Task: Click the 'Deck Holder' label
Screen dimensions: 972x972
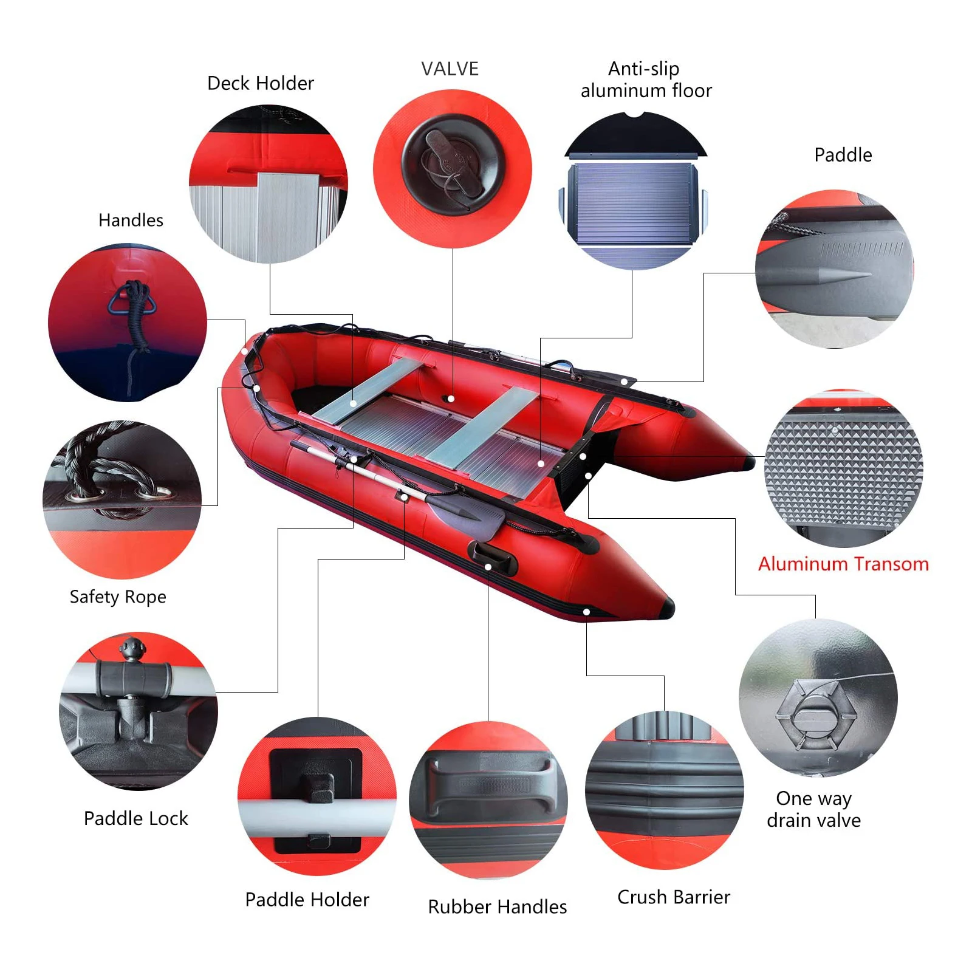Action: click(x=261, y=83)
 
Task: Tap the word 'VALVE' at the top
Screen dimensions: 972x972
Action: click(x=450, y=69)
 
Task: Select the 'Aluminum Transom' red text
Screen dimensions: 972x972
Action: click(x=843, y=564)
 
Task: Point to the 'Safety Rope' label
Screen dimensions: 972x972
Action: click(x=118, y=597)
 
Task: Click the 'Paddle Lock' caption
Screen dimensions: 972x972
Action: click(x=136, y=818)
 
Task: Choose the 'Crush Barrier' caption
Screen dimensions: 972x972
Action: click(x=674, y=897)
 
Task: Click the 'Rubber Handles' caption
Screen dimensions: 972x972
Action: click(x=497, y=906)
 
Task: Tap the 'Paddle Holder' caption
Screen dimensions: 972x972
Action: click(x=307, y=899)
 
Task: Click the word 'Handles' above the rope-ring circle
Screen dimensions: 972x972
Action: click(x=131, y=220)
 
